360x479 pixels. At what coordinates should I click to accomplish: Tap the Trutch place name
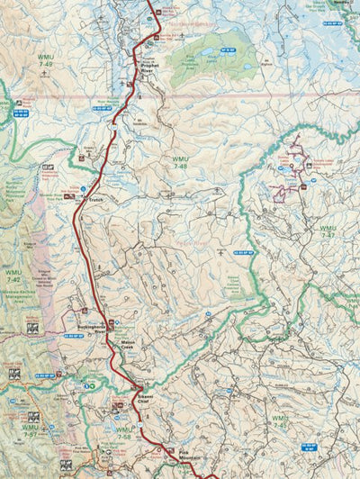[96, 199]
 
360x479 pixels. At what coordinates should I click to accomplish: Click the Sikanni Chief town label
[146, 399]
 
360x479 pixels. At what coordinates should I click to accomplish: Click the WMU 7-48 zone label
[180, 163]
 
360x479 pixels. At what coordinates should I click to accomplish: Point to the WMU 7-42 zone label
[13, 276]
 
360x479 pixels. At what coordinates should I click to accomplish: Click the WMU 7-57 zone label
[31, 431]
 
